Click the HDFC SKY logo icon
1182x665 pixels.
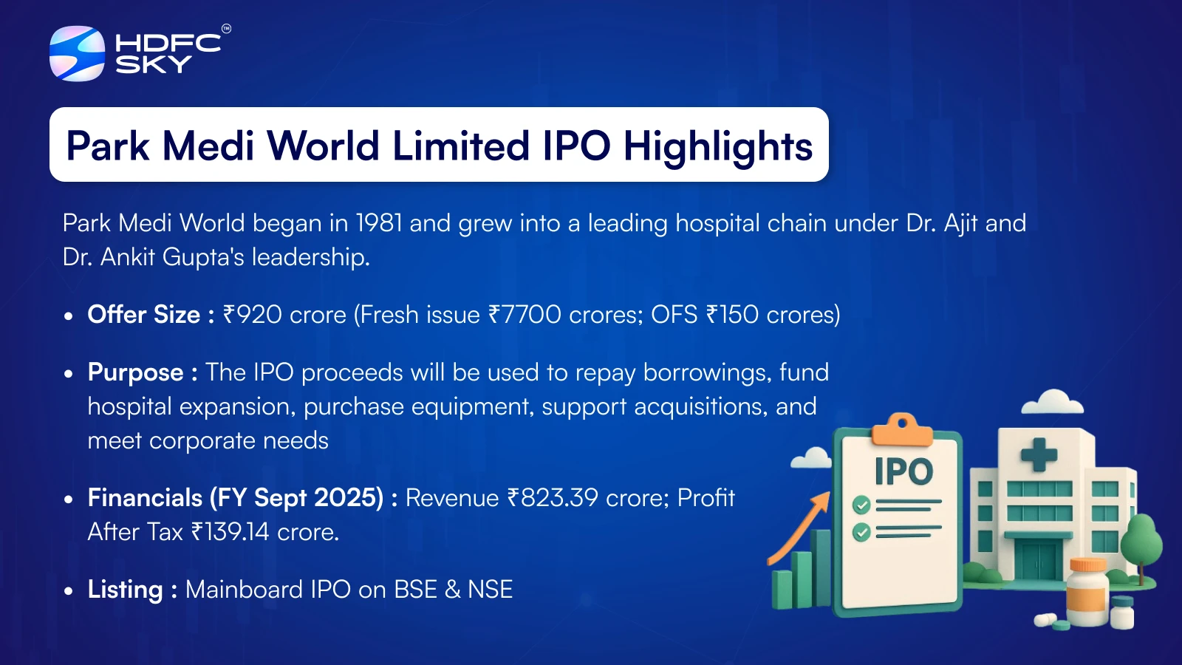pos(77,53)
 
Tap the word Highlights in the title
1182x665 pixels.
pos(718,147)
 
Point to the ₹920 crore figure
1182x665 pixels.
pos(284,315)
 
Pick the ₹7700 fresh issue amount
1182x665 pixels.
pos(525,315)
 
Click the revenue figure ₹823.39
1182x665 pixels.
pos(553,498)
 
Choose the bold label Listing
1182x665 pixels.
pos(125,590)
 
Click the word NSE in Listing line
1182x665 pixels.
pos(491,590)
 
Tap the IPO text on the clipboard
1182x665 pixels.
pos(903,471)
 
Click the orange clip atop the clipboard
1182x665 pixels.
pos(902,429)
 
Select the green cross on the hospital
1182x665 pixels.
pos(1039,454)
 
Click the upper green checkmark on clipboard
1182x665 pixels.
pos(861,505)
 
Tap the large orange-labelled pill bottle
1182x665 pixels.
pos(1087,592)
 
